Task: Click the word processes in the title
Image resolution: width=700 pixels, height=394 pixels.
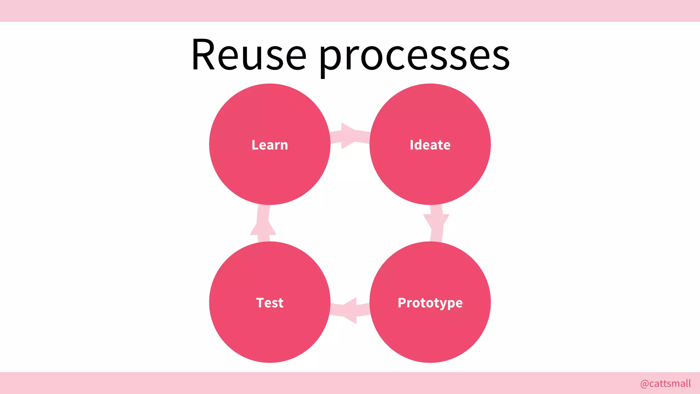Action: [x=414, y=56]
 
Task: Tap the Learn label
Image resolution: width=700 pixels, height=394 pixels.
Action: [x=270, y=145]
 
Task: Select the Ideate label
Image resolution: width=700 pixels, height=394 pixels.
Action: [x=430, y=145]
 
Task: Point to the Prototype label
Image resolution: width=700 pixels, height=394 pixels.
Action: [x=430, y=303]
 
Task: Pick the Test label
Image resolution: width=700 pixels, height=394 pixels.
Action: [x=270, y=303]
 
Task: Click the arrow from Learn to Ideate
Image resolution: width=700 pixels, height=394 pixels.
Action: [x=349, y=136]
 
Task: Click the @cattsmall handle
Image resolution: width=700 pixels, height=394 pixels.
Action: [x=665, y=383]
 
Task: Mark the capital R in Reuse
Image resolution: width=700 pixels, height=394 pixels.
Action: [x=204, y=55]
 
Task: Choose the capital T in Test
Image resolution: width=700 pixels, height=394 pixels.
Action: [x=260, y=303]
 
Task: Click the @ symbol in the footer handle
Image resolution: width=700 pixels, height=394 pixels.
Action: [x=644, y=384]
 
